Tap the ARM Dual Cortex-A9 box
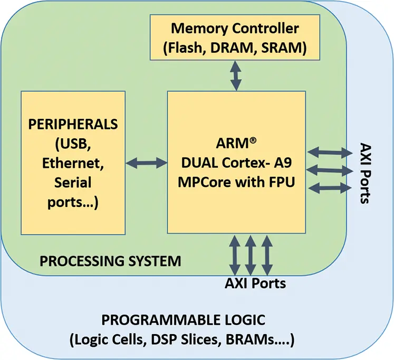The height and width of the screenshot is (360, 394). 236,162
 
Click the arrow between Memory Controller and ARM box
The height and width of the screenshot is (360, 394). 235,75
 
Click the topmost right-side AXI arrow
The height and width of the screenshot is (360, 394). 330,153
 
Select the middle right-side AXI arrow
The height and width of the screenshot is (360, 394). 330,170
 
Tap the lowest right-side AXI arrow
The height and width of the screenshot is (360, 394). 330,187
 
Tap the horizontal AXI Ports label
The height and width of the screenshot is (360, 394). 255,283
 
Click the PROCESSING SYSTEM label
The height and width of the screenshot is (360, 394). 110,261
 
